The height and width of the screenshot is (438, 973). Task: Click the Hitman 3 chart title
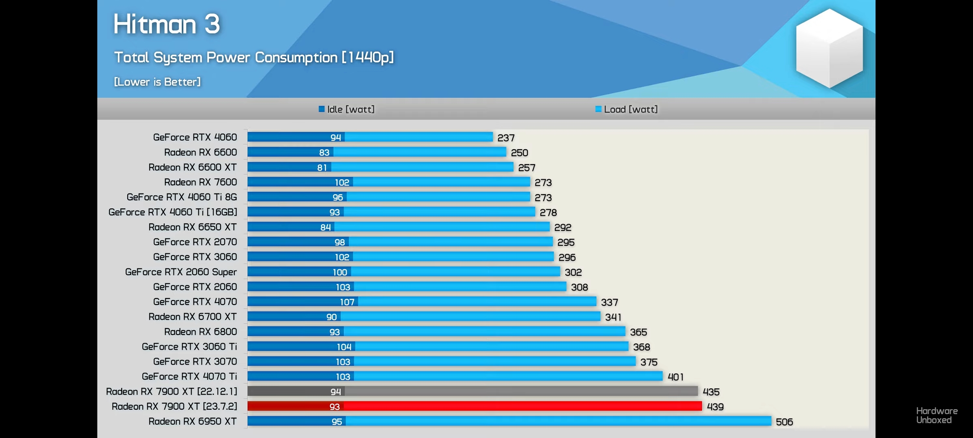click(x=167, y=24)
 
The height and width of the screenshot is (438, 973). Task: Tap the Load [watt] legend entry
click(x=627, y=109)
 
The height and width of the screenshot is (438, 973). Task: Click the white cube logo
click(x=829, y=48)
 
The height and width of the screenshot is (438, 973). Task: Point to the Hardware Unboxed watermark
click(x=937, y=415)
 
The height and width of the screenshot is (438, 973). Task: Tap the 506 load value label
click(x=784, y=422)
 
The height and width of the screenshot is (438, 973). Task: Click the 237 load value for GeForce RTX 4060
click(x=506, y=138)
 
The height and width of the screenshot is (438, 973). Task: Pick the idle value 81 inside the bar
click(x=322, y=167)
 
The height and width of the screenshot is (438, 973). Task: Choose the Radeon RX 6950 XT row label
click(x=192, y=421)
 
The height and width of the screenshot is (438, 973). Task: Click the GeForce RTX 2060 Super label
click(x=181, y=272)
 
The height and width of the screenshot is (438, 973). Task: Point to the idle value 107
click(x=347, y=302)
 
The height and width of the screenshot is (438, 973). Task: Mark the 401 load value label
click(x=675, y=377)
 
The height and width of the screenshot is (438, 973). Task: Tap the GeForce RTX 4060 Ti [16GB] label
click(x=173, y=212)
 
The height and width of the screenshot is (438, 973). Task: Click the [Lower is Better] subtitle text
click(x=157, y=82)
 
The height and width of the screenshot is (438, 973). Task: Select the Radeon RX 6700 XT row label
click(x=192, y=317)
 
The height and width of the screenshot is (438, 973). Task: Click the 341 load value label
click(x=613, y=317)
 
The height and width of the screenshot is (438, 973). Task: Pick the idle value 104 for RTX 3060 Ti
click(x=344, y=347)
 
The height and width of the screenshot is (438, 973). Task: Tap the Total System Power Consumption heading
click(x=254, y=58)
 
